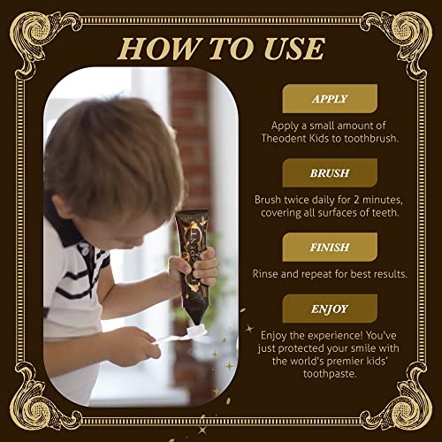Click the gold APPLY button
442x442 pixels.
[330, 98]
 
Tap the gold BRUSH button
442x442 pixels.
[330, 172]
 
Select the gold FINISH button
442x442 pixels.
[330, 247]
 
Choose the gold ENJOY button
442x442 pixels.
[330, 309]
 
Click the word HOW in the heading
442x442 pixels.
[157, 49]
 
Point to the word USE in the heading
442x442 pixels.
[293, 49]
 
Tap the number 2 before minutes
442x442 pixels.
[356, 200]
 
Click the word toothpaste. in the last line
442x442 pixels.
[330, 374]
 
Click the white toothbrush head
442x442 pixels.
[197, 331]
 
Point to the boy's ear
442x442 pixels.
[63, 206]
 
